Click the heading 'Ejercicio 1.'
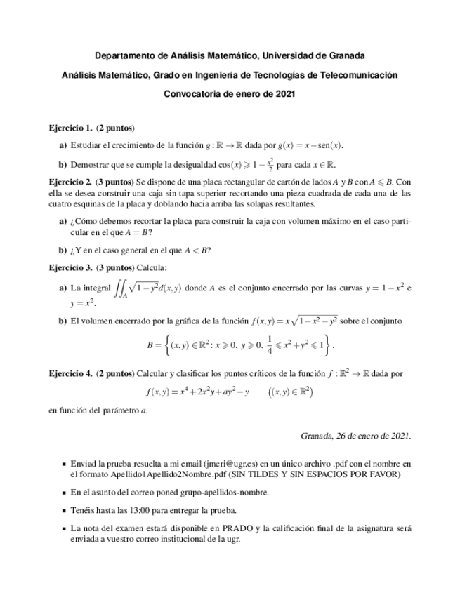click(70, 128)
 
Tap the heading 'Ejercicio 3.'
click(70, 267)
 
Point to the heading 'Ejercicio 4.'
click(70, 373)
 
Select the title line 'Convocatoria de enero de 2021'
click(230, 93)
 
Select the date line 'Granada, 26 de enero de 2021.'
click(355, 436)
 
